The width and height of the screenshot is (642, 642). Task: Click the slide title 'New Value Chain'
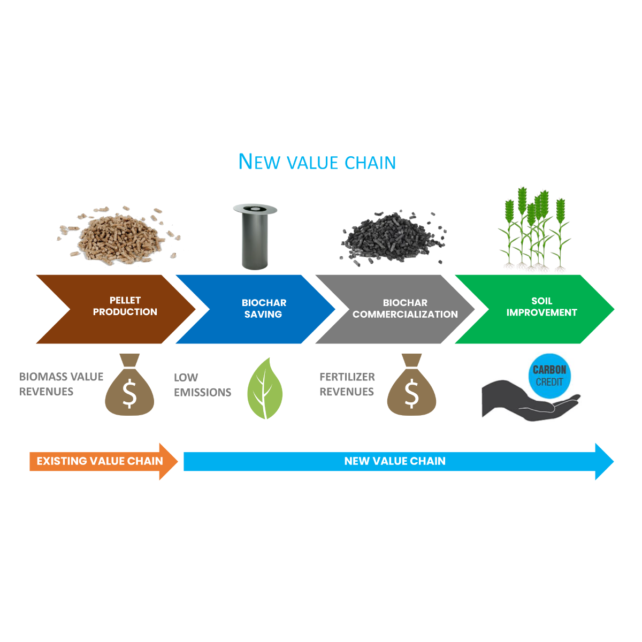click(317, 162)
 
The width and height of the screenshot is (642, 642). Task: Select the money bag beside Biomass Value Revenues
click(129, 386)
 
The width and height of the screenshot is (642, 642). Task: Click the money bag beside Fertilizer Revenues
click(411, 386)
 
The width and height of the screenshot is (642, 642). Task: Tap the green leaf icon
click(264, 389)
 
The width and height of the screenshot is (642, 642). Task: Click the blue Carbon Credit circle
click(549, 375)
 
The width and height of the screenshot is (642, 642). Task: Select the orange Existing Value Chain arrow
click(102, 461)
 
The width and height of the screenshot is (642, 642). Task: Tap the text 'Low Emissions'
click(202, 385)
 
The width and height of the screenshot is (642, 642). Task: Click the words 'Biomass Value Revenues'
click(61, 384)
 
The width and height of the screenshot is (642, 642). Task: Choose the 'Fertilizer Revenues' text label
click(347, 384)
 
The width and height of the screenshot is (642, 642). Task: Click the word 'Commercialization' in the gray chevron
click(405, 315)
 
